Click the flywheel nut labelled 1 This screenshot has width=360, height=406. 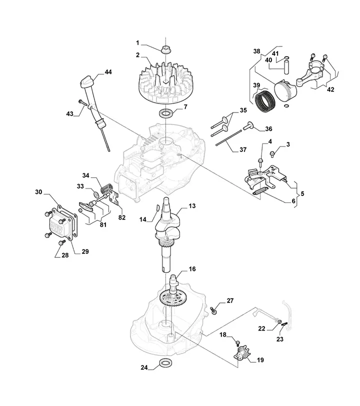[164, 49]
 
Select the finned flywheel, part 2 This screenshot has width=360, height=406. [164, 83]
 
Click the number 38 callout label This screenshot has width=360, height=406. [256, 51]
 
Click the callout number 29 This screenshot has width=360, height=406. [85, 251]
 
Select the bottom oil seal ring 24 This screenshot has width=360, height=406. [164, 363]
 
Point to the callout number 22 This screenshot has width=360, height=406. [261, 328]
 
